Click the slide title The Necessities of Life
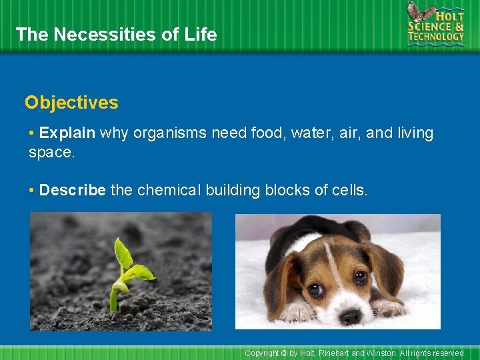[x=116, y=35]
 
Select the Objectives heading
[x=71, y=103]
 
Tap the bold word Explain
[x=67, y=133]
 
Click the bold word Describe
[x=72, y=190]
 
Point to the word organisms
[x=170, y=133]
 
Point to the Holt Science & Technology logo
[x=435, y=24]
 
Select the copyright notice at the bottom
[x=355, y=353]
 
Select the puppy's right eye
[x=361, y=276]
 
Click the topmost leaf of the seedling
[x=123, y=253]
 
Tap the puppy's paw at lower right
[x=390, y=308]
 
